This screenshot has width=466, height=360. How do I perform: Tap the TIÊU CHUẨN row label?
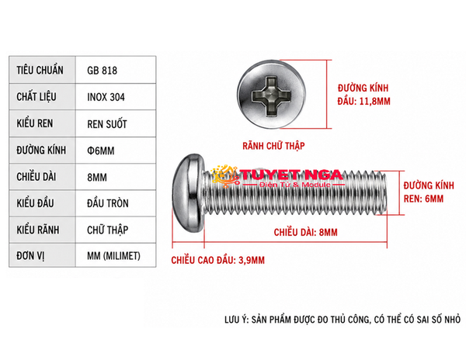point(40,70)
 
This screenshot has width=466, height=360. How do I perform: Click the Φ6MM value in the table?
point(101,151)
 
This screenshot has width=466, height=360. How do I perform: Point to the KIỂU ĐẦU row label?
point(35,203)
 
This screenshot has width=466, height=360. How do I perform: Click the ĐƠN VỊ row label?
point(30,256)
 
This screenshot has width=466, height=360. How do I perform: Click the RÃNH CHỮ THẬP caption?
point(273,146)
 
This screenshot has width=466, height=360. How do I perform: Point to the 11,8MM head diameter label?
point(363,95)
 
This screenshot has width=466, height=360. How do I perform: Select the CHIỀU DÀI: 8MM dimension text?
point(305,232)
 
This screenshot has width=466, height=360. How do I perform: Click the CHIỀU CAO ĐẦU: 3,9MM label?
point(217,260)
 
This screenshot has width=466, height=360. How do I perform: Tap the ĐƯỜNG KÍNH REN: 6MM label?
point(429,192)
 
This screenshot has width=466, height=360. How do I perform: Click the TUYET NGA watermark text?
point(290,175)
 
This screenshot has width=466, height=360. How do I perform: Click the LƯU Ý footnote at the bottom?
point(343,320)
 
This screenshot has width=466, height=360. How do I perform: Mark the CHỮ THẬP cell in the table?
point(108,230)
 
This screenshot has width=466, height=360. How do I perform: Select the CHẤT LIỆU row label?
point(37,96)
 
